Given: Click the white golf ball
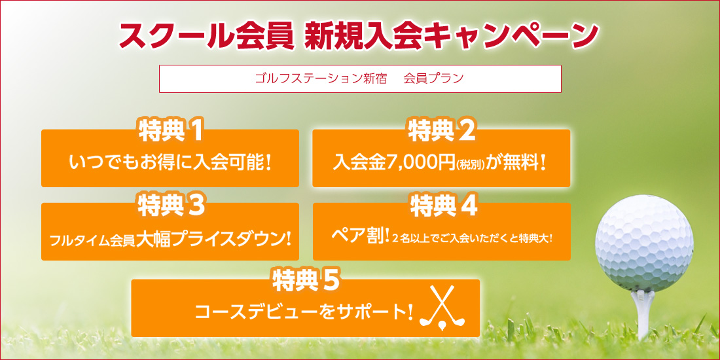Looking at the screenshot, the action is pos(643,244).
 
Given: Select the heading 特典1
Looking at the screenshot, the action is pos(170,132).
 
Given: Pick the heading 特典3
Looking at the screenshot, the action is pos(170,206).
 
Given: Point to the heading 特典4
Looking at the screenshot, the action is pos(442,206).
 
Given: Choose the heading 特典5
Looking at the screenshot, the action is pos(306,281).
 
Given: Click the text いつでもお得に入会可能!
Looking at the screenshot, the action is pos(170,162).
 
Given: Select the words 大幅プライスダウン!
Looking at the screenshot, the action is pos(213,239).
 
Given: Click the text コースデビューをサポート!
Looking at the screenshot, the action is pos(304,313).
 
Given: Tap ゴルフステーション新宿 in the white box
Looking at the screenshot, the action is pos(319,79).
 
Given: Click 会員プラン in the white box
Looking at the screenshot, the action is pos(433,79).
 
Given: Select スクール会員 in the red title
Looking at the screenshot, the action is pos(206,35).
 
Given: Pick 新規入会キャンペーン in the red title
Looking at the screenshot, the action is pos(452,35).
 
